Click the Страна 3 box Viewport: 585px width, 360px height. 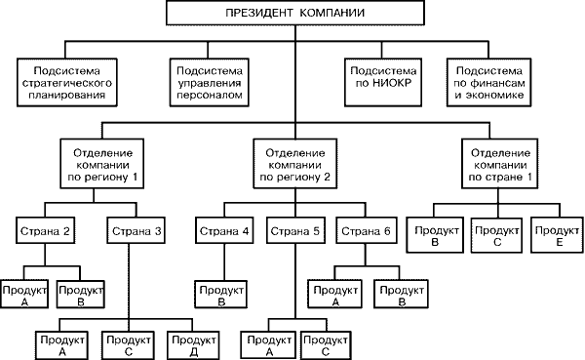(x=132, y=232)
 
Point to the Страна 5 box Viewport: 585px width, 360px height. (x=293, y=232)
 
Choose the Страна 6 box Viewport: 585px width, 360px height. (x=362, y=232)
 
